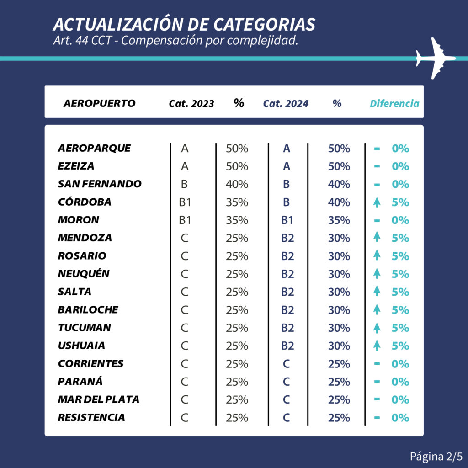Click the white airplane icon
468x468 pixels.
pos(435,58)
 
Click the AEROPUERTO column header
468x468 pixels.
pos(99,103)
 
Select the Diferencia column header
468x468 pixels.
pos(394,104)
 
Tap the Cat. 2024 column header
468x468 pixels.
pos(286,104)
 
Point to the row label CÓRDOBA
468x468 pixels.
pos(85,202)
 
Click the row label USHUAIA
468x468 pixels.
pos(81,346)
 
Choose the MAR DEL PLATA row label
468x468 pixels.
pos(98,399)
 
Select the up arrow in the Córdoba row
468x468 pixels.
pos(377,202)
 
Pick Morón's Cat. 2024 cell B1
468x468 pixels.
pos(287,220)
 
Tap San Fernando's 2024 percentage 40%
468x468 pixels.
pos(339,184)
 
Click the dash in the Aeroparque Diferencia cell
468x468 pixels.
pos(377,149)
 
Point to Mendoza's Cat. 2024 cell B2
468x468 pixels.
pos(287,238)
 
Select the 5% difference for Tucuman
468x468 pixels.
pos(400,328)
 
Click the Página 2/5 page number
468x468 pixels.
pos(436,456)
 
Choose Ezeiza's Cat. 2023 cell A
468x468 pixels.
pos(185,166)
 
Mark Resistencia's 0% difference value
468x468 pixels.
pos(400,418)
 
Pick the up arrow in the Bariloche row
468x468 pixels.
pos(377,310)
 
